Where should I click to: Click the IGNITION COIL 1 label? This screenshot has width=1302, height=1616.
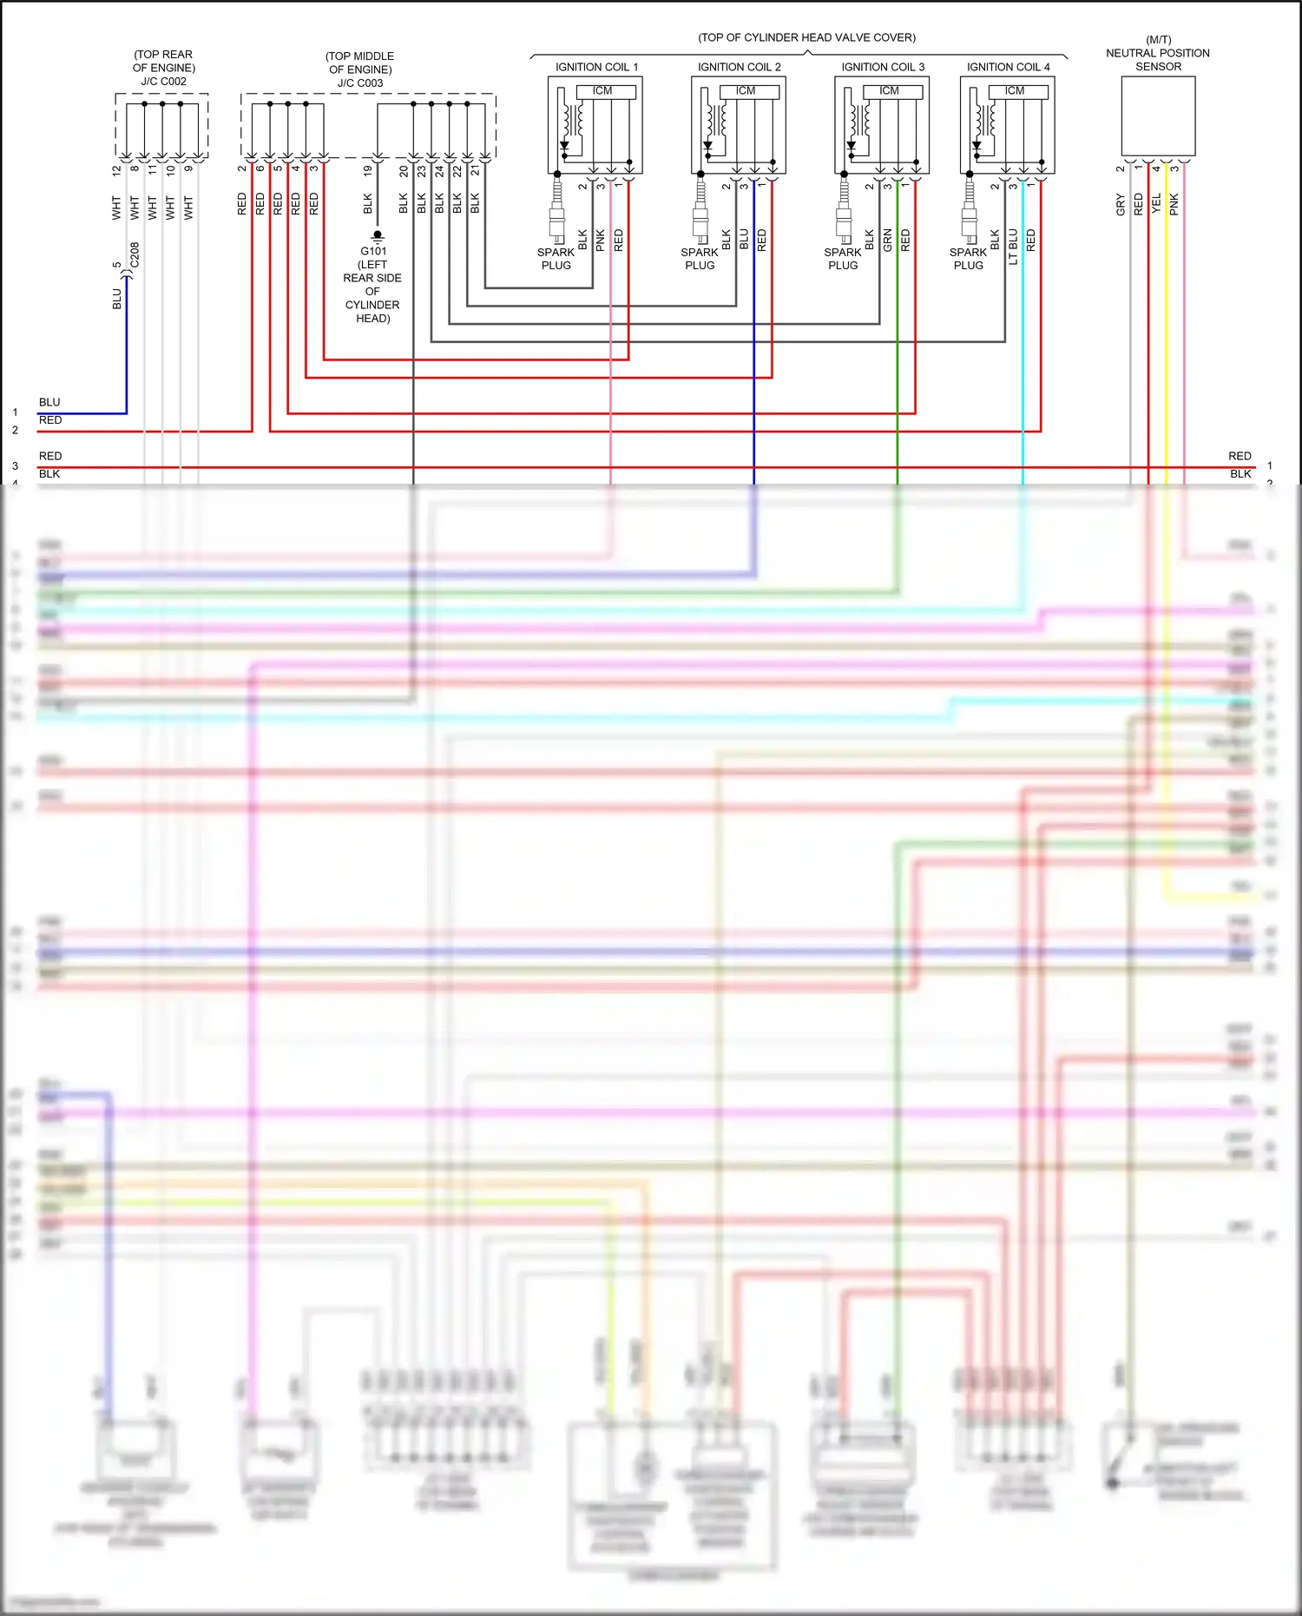pos(596,67)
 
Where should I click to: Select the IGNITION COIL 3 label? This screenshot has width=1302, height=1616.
pos(883,67)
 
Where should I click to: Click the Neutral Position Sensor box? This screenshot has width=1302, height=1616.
pos(1158,116)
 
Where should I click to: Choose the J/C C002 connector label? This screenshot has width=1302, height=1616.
pos(163,82)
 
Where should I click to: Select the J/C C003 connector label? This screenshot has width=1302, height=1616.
pos(360,83)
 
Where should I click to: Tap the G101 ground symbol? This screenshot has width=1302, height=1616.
pos(377,235)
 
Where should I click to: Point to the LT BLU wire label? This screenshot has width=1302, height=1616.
pos(1013,247)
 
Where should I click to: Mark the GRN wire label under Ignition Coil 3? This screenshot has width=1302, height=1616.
pos(887,241)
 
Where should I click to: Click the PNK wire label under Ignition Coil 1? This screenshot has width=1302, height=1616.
pos(600,241)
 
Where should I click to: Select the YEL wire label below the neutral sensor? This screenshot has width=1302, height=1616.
pos(1156,204)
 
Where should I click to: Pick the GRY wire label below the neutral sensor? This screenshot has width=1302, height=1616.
pos(1121,205)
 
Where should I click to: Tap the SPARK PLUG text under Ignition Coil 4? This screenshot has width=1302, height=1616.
pos(968,259)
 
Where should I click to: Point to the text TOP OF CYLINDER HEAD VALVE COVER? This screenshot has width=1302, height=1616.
pos(806,37)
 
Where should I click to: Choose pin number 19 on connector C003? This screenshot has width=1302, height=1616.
pos(367,171)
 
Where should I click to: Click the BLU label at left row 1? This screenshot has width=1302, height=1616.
pos(49,402)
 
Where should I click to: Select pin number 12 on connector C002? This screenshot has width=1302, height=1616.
pos(116,171)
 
